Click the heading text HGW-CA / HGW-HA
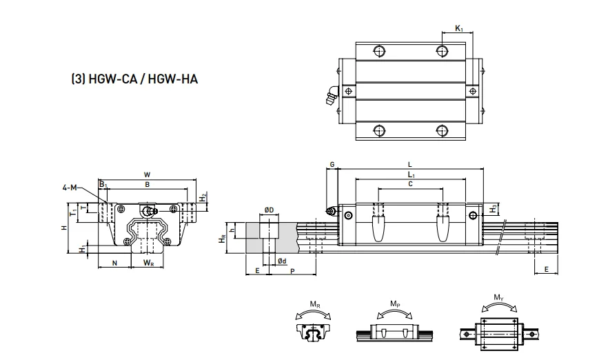(x=134, y=79)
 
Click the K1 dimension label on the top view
(x=459, y=29)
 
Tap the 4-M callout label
(x=69, y=187)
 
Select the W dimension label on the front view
(x=147, y=174)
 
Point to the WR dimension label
(x=148, y=263)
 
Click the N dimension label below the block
(x=114, y=263)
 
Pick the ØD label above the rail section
(x=270, y=210)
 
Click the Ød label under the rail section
(x=282, y=261)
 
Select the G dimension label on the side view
(x=332, y=166)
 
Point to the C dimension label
(x=411, y=185)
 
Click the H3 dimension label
(x=491, y=209)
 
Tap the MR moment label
(x=314, y=303)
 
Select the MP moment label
(x=394, y=303)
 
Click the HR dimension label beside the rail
(x=222, y=238)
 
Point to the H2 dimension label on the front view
(x=203, y=198)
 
